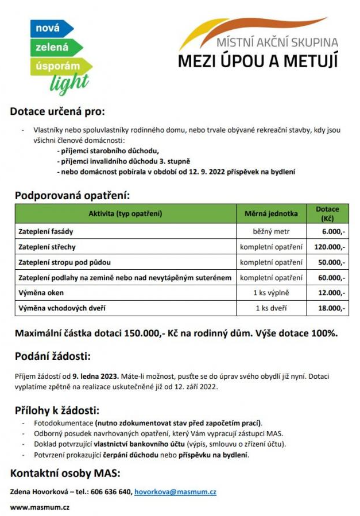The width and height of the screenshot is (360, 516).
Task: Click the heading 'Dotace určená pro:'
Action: click(58, 111)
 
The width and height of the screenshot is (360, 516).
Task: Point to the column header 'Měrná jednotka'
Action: click(272, 214)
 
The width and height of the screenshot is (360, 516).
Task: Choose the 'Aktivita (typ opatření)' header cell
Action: click(125, 214)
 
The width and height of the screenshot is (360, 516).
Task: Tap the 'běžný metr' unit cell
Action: click(272, 231)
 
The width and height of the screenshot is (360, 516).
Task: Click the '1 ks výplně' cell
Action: click(272, 293)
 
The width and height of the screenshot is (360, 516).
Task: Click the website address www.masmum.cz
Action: click(40, 507)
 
